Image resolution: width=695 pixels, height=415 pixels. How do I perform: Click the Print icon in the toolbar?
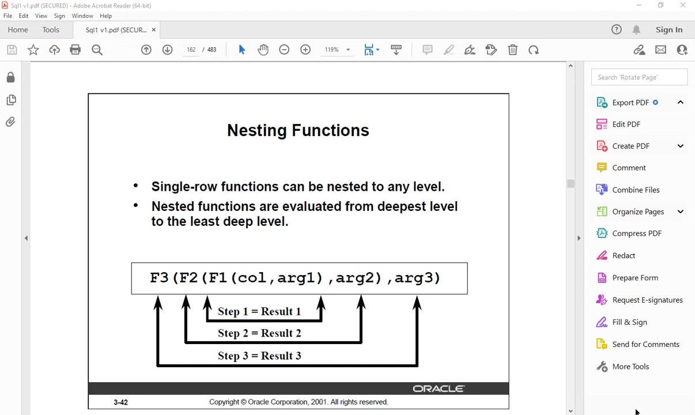(x=75, y=50)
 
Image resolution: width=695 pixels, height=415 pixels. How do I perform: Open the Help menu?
(x=106, y=16)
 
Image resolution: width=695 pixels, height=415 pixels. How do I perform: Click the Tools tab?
(x=51, y=30)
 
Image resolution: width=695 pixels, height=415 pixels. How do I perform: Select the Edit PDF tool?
(x=626, y=124)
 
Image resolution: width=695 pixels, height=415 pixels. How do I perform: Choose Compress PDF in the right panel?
(x=637, y=233)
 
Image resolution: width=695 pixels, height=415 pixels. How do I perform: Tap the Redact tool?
(x=624, y=255)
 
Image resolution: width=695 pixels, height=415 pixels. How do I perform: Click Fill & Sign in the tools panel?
(x=629, y=322)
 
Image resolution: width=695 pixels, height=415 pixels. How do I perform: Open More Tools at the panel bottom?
(x=630, y=367)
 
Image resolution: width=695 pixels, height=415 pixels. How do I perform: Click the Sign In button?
(x=669, y=30)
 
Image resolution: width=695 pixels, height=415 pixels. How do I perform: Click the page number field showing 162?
(x=191, y=50)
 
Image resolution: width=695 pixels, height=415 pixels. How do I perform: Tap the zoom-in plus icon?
(x=305, y=50)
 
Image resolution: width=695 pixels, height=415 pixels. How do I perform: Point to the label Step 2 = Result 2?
(x=259, y=333)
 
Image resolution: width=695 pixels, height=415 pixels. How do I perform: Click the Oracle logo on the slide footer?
(x=439, y=388)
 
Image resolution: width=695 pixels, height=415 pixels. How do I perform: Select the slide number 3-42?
(x=120, y=402)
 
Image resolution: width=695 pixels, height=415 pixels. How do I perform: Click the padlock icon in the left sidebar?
(x=10, y=77)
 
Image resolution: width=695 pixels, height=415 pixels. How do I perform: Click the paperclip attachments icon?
(x=10, y=122)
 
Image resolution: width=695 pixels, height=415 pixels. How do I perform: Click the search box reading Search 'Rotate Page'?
(x=639, y=77)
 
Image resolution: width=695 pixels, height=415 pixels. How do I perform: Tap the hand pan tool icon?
(x=263, y=50)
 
